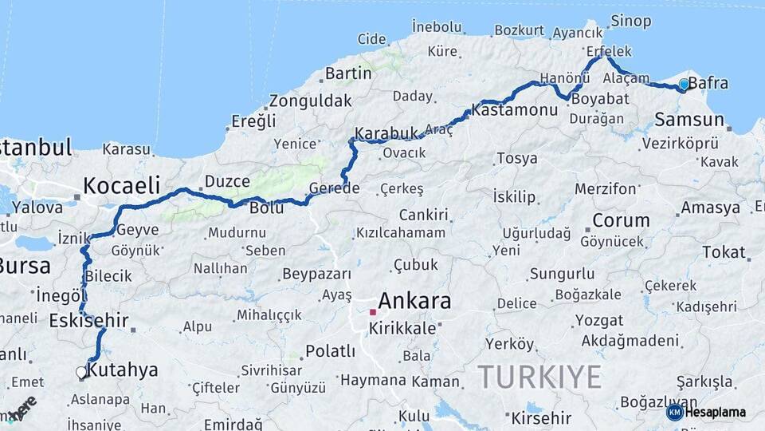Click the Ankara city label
click(x=414, y=301)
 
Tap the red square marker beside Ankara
click(x=372, y=312)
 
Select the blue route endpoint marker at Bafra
click(x=684, y=84)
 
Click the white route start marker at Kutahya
click(x=80, y=372)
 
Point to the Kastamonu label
click(x=514, y=111)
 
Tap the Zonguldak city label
click(x=310, y=101)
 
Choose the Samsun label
click(x=689, y=120)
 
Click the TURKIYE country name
click(x=539, y=376)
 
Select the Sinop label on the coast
click(x=630, y=21)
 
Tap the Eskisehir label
click(x=88, y=321)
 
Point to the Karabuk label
click(x=386, y=132)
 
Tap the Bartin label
click(x=348, y=73)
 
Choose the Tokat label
click(x=723, y=252)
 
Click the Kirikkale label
click(x=407, y=328)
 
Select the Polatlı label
click(x=330, y=351)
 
